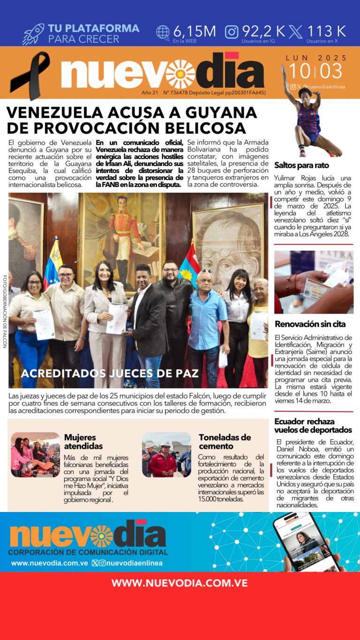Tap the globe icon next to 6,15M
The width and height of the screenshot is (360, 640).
tap(163, 32)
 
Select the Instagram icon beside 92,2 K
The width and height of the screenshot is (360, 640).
tap(232, 32)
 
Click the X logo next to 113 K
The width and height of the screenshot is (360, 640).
tap(295, 32)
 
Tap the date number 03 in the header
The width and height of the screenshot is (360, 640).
tap(332, 72)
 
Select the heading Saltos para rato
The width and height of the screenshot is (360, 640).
tap(301, 165)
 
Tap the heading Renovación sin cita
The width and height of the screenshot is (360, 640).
tap(310, 324)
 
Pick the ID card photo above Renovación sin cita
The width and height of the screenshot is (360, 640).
tap(314, 282)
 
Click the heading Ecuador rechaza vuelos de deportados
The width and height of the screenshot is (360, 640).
tap(313, 425)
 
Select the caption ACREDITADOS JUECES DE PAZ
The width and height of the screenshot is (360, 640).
tap(110, 374)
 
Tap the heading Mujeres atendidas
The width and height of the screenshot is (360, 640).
tap(83, 441)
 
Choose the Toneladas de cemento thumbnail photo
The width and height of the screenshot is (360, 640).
tap(166, 454)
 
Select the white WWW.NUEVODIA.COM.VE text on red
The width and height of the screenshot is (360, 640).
tap(180, 583)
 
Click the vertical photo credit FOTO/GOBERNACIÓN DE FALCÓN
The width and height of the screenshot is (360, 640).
tap(5, 311)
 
